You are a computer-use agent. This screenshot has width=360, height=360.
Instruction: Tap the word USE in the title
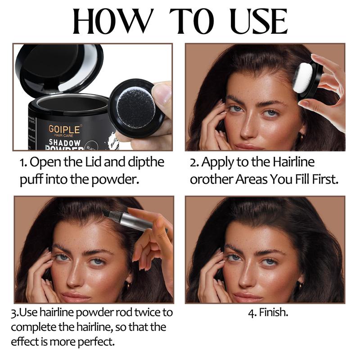click(259, 21)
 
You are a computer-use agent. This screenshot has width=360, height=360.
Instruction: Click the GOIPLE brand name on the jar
click(64, 129)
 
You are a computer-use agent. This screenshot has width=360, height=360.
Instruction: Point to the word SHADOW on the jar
click(64, 143)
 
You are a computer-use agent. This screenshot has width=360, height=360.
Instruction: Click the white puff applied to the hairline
click(303, 78)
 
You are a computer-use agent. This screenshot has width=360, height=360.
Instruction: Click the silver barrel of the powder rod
click(134, 220)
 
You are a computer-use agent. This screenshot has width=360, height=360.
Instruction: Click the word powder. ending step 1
click(115, 180)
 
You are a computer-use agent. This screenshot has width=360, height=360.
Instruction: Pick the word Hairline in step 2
click(293, 162)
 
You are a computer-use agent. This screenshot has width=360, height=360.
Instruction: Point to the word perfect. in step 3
click(96, 342)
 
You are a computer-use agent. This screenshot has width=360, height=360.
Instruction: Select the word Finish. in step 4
click(274, 312)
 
